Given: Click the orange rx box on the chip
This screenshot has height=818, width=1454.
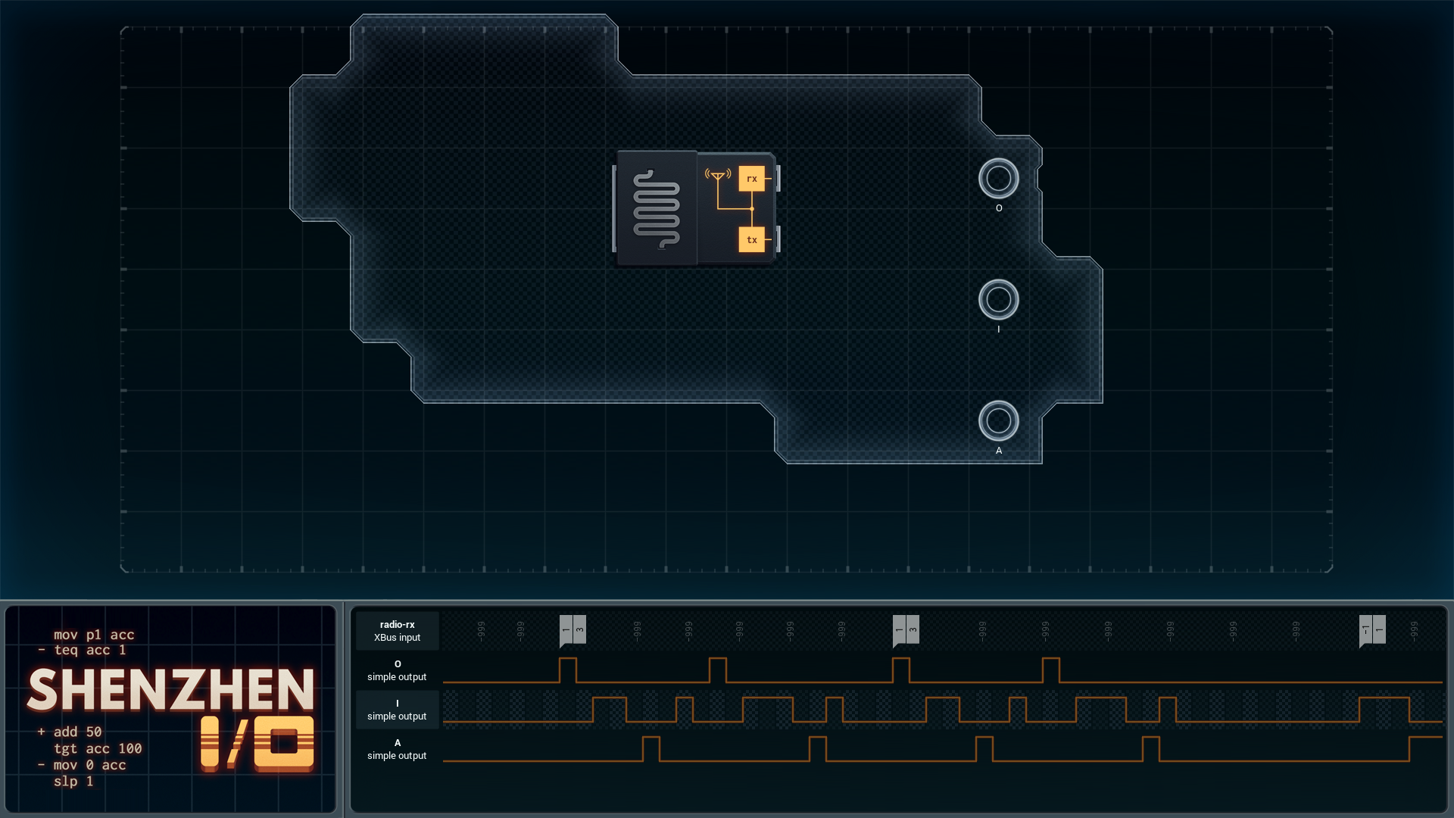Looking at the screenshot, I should [x=751, y=179].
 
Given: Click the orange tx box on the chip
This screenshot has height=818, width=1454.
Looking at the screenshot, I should [x=751, y=239].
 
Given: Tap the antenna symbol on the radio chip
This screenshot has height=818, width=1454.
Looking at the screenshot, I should [x=718, y=176].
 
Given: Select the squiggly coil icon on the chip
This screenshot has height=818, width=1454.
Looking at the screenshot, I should [x=656, y=209].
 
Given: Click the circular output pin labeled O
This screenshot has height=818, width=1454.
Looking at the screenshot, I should [x=998, y=179].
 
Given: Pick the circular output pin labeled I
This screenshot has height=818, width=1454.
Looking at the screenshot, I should [x=998, y=300].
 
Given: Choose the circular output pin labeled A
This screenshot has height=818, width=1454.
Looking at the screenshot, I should [x=998, y=421].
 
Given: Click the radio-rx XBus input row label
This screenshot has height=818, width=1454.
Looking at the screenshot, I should [x=397, y=631].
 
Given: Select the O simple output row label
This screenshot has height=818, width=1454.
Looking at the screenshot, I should [x=397, y=670].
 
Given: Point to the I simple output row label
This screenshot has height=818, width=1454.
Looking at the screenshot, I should [x=397, y=710].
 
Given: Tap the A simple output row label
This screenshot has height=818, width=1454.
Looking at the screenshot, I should [x=397, y=749].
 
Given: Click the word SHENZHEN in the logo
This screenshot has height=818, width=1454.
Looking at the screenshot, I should [x=171, y=690].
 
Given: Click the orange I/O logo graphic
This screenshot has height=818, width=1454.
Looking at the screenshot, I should [x=257, y=743].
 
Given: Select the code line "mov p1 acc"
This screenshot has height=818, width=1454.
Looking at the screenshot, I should [x=94, y=635].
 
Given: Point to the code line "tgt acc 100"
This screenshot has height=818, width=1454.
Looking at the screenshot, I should [x=98, y=748].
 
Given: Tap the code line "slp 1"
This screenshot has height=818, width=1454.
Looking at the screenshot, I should [x=73, y=781].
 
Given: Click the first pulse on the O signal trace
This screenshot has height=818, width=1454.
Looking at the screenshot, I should [x=567, y=670].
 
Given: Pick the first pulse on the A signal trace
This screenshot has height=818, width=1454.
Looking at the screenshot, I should [x=651, y=748].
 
